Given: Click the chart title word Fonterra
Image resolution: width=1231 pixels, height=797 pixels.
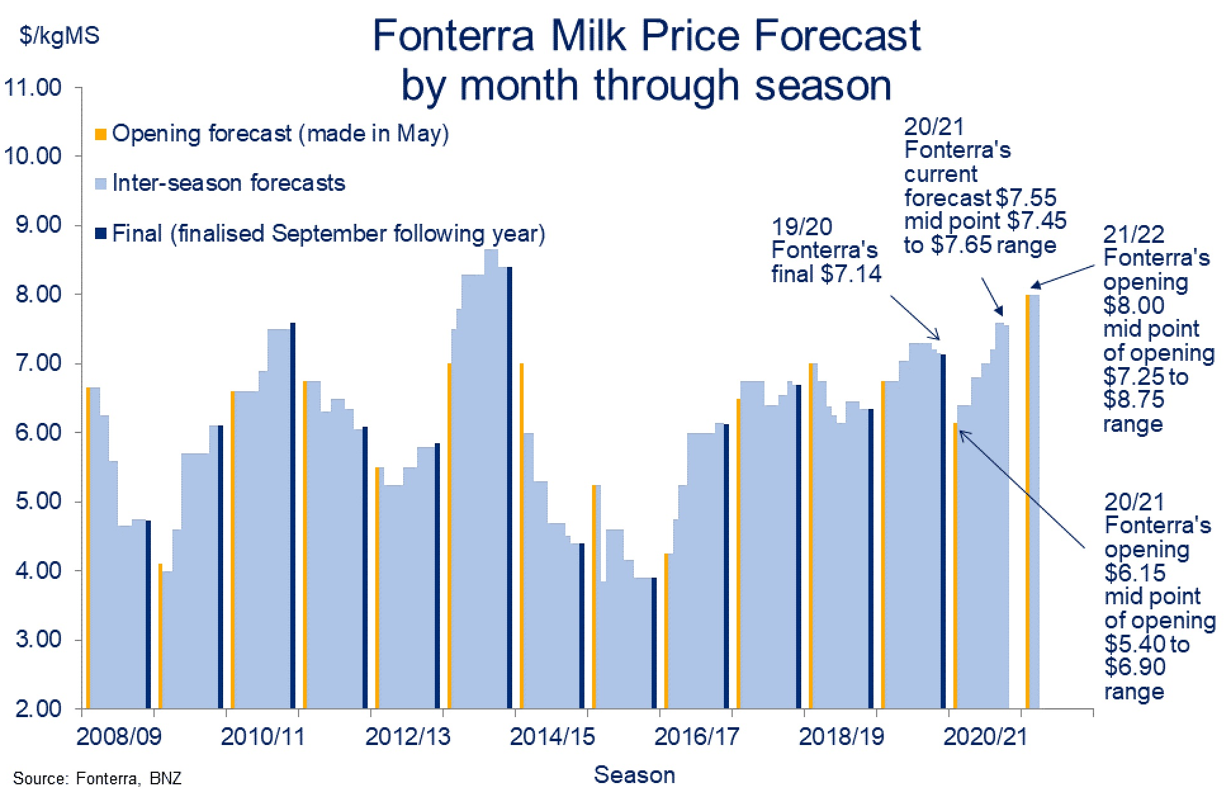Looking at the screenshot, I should [x=453, y=36].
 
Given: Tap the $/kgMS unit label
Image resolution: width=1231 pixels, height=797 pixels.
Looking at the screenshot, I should [x=60, y=36].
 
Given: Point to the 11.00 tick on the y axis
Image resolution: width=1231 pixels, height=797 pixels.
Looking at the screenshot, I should [x=33, y=87].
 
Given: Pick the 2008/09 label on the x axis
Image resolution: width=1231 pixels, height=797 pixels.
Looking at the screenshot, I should [x=119, y=737].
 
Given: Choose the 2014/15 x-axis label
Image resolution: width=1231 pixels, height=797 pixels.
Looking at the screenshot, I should [x=552, y=737].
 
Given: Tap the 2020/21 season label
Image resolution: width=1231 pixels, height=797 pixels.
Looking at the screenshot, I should [x=985, y=737].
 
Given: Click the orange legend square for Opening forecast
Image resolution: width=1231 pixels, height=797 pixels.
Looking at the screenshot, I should [x=101, y=134].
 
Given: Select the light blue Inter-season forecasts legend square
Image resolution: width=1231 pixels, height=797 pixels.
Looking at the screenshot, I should [x=101, y=184].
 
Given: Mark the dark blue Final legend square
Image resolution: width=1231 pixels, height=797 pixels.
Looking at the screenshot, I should [x=101, y=233].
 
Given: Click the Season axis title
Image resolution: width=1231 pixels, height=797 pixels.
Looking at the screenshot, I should [x=634, y=775].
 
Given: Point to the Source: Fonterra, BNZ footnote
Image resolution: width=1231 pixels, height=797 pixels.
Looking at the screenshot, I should [x=97, y=779].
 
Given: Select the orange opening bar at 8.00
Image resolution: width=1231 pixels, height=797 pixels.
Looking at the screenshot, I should [x=1028, y=501].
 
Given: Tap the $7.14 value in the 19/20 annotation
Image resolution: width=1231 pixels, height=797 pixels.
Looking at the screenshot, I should [x=851, y=274].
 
